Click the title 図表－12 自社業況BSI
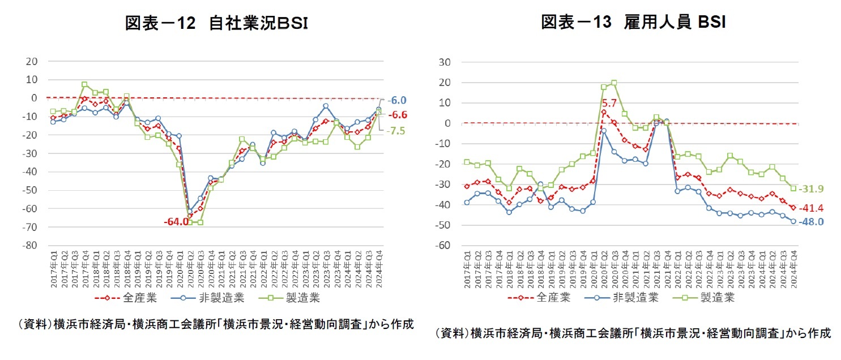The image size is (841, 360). pos(217,23)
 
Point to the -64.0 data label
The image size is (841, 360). pos(176,221)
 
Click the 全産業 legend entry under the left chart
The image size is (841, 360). pos(138,297)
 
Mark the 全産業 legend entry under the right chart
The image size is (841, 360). pos(552,297)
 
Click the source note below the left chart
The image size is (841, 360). pos(215,324)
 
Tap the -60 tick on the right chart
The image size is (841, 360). pos(445,246)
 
